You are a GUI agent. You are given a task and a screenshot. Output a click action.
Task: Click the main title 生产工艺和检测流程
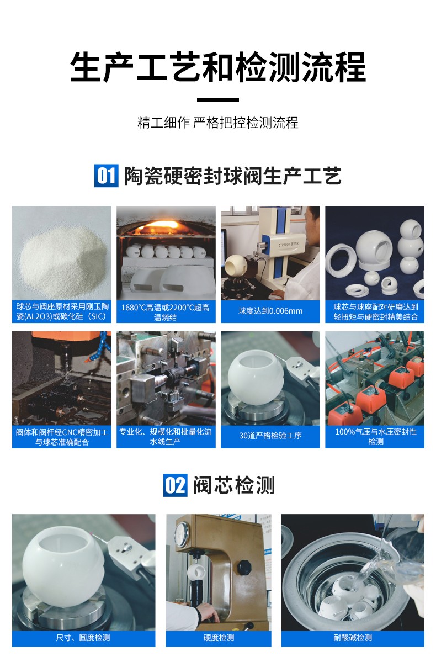pyautogui.click(x=218, y=68)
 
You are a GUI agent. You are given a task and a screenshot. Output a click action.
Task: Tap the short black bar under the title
pyautogui.click(x=218, y=100)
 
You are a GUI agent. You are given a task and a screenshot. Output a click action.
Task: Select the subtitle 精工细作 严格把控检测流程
pyautogui.click(x=218, y=123)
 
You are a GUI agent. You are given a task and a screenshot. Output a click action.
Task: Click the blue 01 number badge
pyautogui.click(x=106, y=176)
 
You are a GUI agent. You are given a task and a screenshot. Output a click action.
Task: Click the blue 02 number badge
pyautogui.click(x=176, y=485)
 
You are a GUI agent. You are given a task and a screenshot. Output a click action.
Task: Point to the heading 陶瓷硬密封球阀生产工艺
pyautogui.click(x=232, y=176)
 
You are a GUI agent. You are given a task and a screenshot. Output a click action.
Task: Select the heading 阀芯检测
pyautogui.click(x=233, y=485)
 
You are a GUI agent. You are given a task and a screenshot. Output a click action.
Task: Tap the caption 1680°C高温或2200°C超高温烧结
pyautogui.click(x=166, y=311)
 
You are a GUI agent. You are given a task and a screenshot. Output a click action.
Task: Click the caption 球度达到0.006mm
pyautogui.click(x=270, y=311)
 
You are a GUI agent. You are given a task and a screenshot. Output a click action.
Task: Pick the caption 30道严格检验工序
pyautogui.click(x=270, y=436)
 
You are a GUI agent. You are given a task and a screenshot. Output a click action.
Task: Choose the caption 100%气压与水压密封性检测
pyautogui.click(x=375, y=436)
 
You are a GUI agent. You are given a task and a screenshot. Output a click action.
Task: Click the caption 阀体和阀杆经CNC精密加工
pyautogui.click(x=61, y=436)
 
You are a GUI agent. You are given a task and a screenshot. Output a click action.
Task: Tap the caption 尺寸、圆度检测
pyautogui.click(x=83, y=638)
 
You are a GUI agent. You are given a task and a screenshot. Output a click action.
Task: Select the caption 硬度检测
pyautogui.click(x=219, y=638)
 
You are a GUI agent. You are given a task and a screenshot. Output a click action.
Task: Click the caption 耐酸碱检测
pyautogui.click(x=353, y=638)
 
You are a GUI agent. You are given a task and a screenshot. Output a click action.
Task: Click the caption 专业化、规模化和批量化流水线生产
pyautogui.click(x=166, y=436)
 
